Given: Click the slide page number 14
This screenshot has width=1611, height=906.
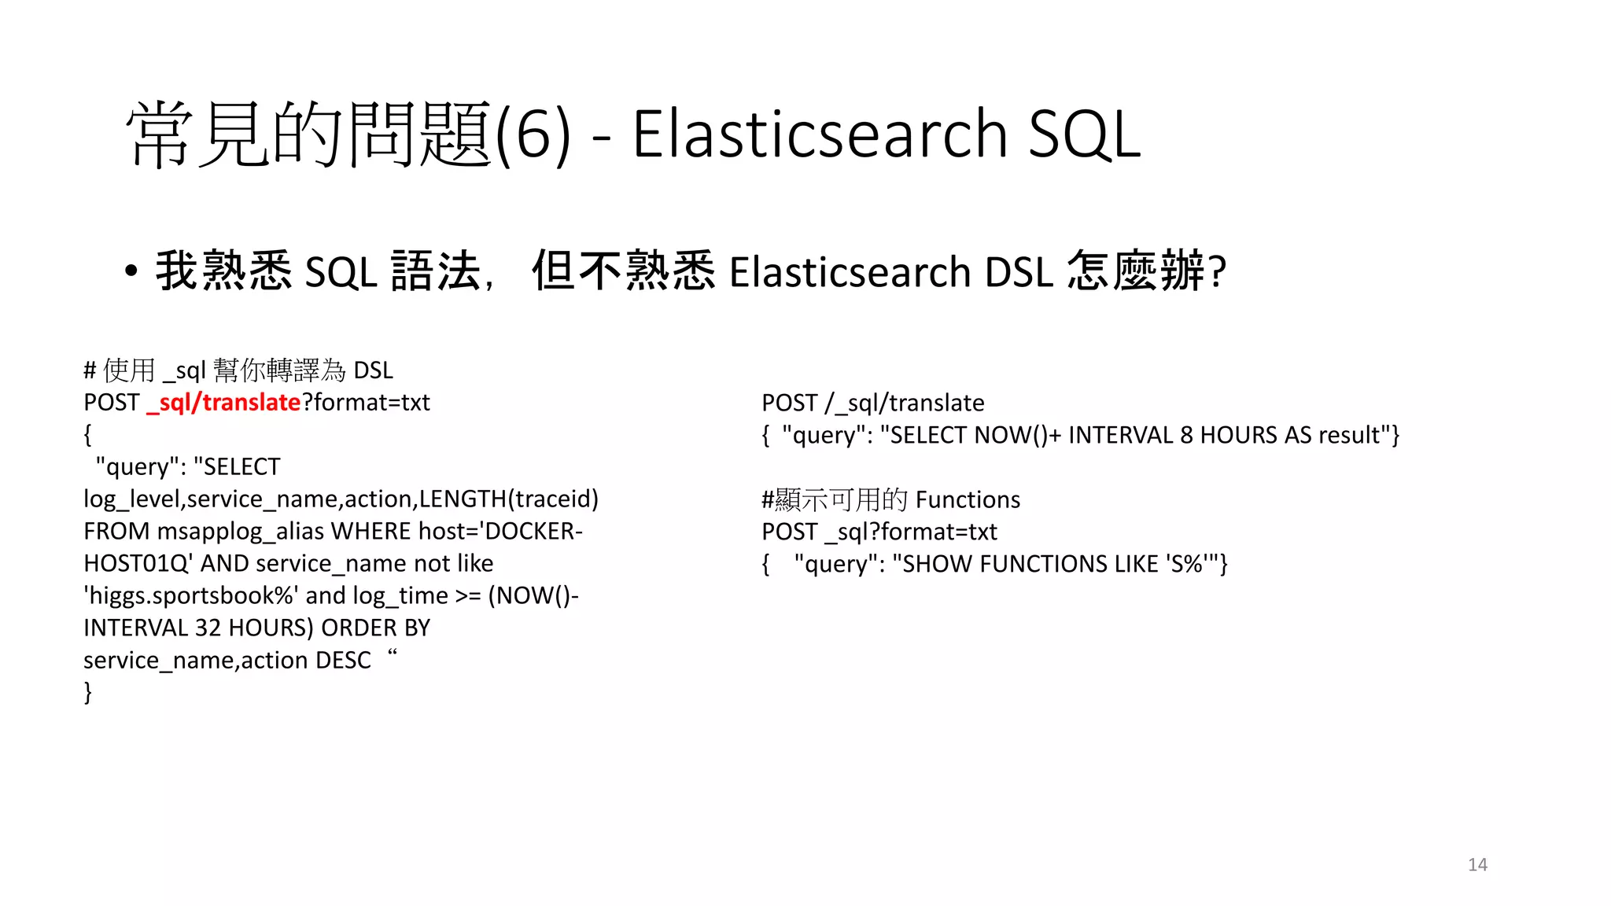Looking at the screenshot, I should [x=1477, y=864].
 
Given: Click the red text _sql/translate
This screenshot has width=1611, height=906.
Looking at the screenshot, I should [x=223, y=403].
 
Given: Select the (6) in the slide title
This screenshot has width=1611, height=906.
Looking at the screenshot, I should [x=533, y=134].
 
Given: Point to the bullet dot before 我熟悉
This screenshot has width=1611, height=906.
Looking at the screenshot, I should [x=131, y=271].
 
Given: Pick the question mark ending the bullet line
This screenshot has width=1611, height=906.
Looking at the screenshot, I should [x=1218, y=272].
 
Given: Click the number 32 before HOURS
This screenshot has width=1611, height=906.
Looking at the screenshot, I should [x=208, y=628].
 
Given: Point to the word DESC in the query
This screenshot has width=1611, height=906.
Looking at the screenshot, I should [x=343, y=660].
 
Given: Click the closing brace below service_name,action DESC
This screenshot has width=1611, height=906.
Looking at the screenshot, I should [x=88, y=692].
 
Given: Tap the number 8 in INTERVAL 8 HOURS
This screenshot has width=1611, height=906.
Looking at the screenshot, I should [x=1186, y=435].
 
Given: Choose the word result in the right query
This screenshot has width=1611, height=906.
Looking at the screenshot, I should [x=1349, y=435].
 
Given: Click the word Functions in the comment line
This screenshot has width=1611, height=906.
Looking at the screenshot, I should [x=968, y=499].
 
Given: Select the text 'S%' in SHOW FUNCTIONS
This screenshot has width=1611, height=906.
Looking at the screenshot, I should [x=1187, y=564].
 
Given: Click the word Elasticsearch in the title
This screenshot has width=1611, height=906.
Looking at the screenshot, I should [x=820, y=134].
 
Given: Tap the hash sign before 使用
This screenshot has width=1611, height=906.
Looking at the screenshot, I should [x=90, y=370].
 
